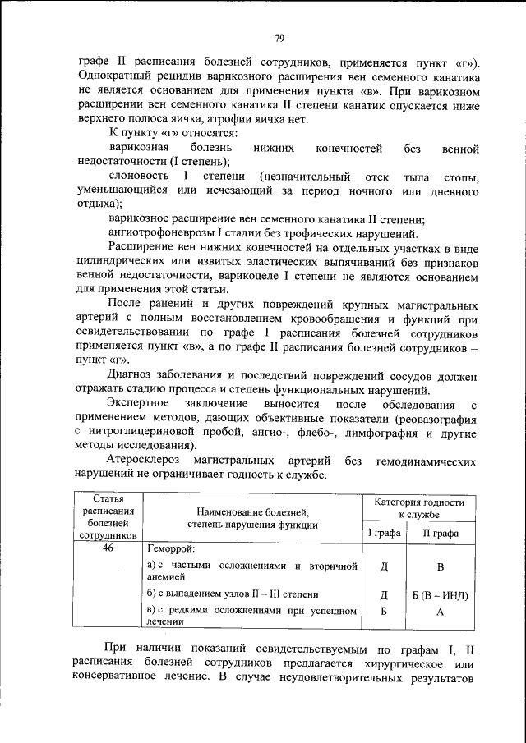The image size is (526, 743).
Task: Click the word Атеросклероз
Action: pos(150,461)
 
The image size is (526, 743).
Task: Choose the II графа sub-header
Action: pos(441,534)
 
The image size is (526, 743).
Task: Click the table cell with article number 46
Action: pos(108,549)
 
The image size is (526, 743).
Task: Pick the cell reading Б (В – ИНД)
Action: pos(441,594)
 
